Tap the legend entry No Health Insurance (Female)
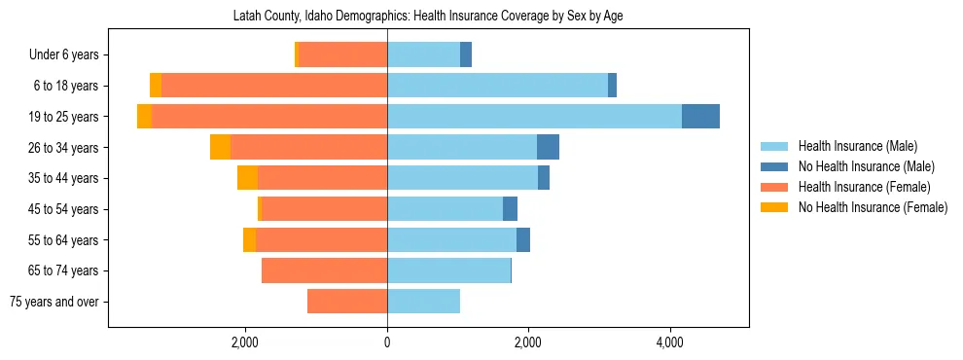[x=873, y=207]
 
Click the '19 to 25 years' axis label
[x=65, y=117]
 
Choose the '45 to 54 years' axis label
[x=65, y=209]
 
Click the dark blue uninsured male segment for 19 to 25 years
[x=700, y=117]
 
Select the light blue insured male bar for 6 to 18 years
[x=497, y=86]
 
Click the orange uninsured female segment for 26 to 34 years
[x=220, y=147]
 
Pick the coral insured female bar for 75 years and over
[x=347, y=302]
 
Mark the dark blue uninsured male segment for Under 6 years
[x=466, y=54]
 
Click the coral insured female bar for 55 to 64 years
[x=321, y=240]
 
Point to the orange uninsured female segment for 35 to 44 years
[x=247, y=178]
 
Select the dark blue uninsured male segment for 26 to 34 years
[x=548, y=147]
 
